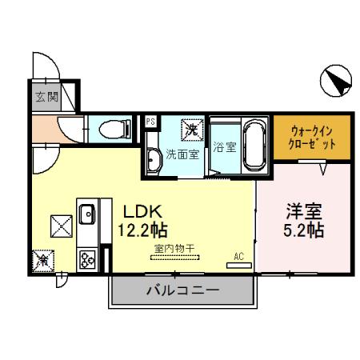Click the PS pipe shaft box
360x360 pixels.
coord(150,122)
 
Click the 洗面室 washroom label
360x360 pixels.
coord(182,154)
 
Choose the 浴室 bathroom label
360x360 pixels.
coord(225,147)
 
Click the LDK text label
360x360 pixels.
coord(144,212)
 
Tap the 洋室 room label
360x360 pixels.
coord(305,212)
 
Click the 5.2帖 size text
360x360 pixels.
coord(305,231)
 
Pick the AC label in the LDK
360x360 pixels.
coord(237,257)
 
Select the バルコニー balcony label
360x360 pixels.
coord(182,290)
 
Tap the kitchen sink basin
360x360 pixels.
coord(86,214)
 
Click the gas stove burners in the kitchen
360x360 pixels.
coord(86,258)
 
